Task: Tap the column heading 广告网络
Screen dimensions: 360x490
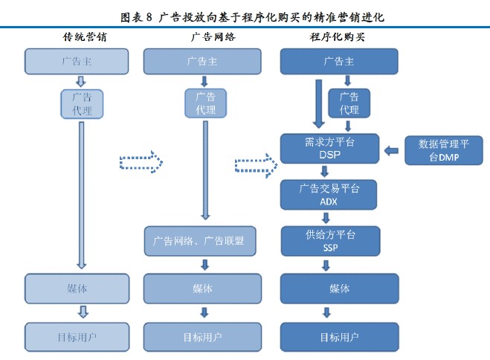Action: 202,36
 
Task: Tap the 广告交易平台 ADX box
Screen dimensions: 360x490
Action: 329,194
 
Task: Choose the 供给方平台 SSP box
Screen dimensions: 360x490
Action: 329,240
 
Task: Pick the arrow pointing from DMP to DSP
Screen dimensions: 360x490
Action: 392,151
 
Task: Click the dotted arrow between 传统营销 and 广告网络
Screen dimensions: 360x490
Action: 141,162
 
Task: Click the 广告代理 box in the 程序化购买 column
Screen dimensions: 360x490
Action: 349,103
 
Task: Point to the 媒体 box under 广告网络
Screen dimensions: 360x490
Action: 202,289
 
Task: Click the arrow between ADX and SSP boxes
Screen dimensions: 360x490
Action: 326,218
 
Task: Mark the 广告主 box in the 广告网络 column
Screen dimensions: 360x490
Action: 202,61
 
